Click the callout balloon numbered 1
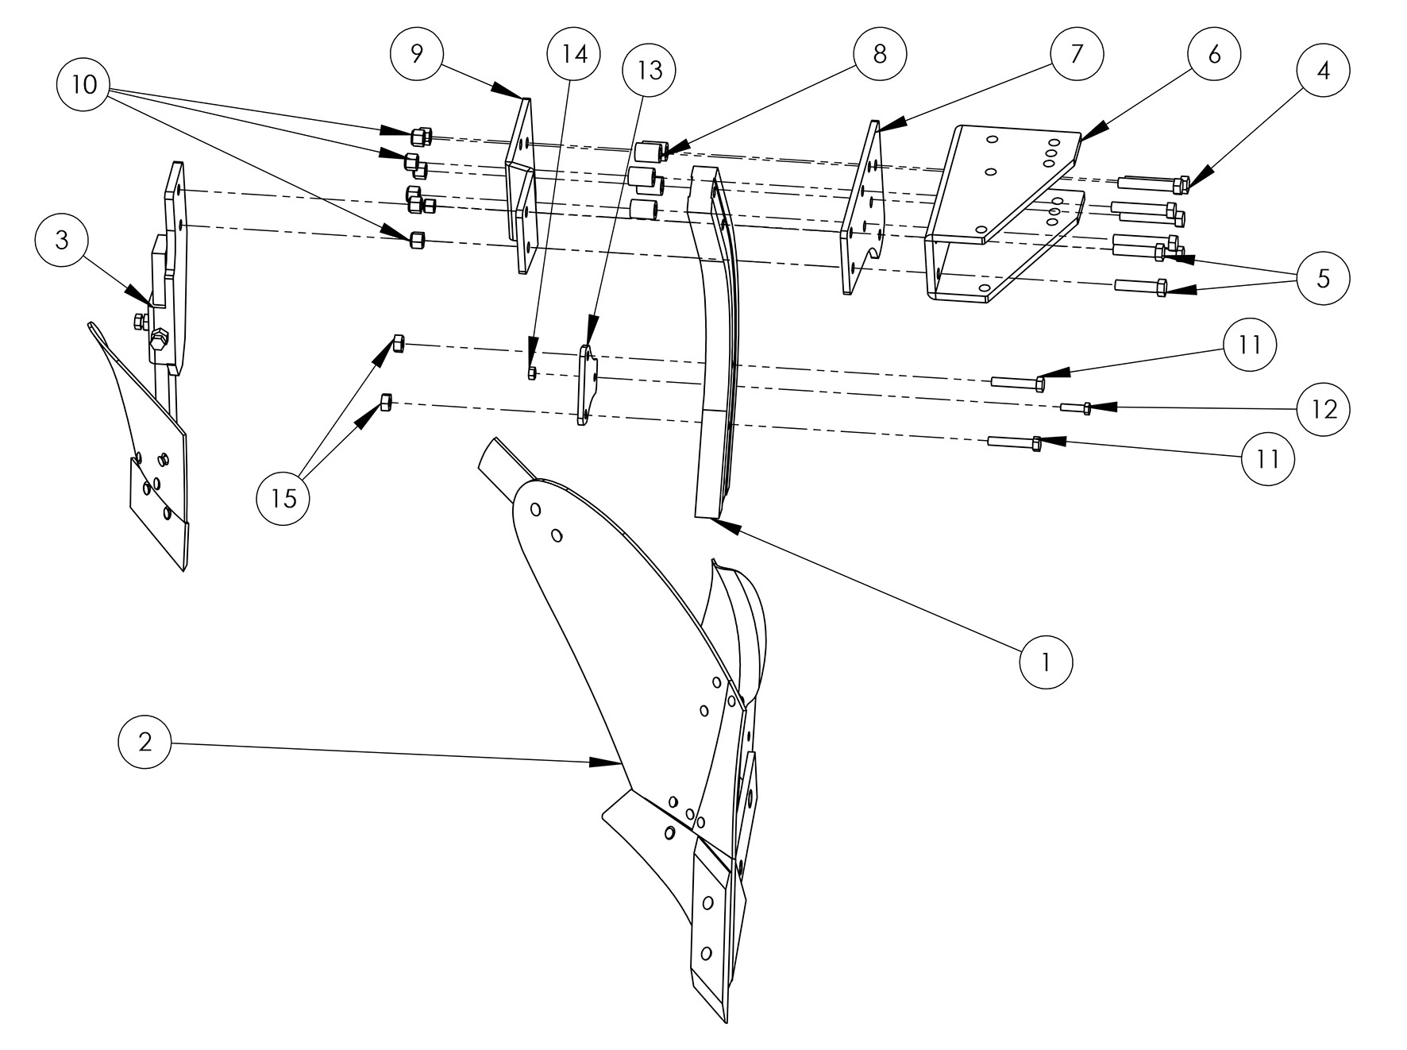1046,661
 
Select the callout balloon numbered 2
145,741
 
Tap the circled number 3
62,241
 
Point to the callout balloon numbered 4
1323,70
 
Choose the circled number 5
1323,278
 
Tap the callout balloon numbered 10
84,83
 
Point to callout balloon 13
650,70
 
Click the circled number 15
283,498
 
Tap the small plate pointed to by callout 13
587,385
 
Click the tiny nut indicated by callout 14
532,373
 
